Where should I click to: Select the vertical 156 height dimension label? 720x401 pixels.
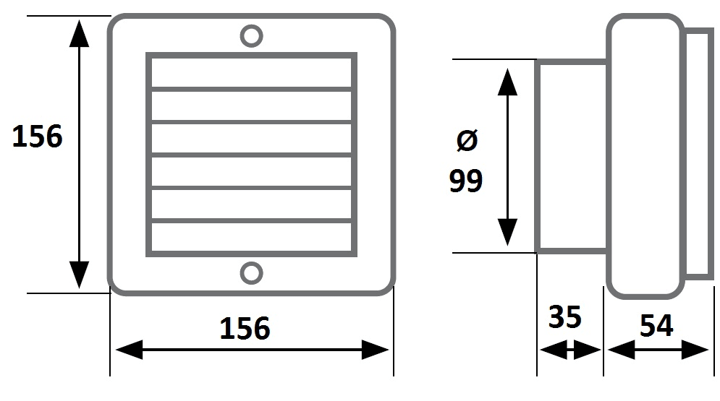click(x=37, y=136)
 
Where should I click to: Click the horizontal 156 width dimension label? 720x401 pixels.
click(x=245, y=328)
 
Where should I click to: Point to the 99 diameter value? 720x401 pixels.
click(x=465, y=181)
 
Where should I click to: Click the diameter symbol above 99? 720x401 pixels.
click(x=467, y=140)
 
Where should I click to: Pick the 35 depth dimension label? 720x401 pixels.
click(x=565, y=316)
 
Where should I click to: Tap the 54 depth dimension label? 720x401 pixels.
click(x=656, y=325)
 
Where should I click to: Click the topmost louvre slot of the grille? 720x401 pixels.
click(x=251, y=72)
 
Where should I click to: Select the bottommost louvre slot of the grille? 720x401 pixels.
click(x=251, y=237)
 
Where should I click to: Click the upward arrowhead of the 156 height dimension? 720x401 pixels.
click(x=79, y=33)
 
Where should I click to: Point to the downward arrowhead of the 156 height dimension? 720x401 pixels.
click(x=79, y=275)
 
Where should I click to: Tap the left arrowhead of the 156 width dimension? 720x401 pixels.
click(x=129, y=350)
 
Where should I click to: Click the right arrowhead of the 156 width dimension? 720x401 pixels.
click(x=375, y=350)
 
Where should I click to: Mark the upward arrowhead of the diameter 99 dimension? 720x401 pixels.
click(x=507, y=82)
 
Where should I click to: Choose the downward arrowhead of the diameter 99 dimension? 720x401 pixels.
click(x=507, y=233)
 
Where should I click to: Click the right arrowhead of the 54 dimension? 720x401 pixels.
click(x=695, y=350)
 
